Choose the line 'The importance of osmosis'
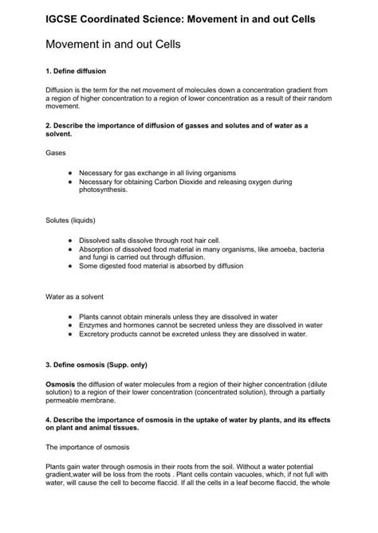click(x=87, y=447)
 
